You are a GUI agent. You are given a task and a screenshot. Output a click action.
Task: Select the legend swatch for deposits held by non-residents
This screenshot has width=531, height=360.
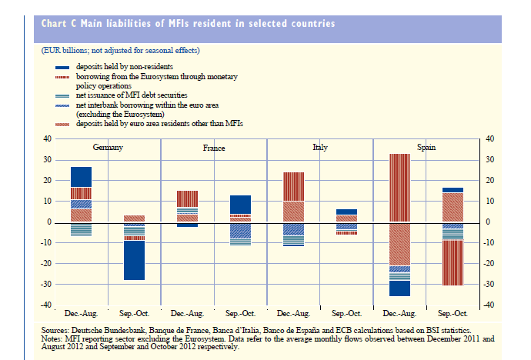click(63, 68)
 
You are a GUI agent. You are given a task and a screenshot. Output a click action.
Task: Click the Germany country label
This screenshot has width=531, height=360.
click(110, 146)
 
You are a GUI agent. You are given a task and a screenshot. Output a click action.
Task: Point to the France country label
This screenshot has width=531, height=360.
click(214, 146)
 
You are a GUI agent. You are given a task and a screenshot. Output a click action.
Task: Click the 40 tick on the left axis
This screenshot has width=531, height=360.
click(48, 139)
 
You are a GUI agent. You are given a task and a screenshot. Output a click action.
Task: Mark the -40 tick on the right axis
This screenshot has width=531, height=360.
click(486, 305)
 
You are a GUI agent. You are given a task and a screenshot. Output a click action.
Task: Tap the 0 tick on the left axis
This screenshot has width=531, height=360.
click(50, 222)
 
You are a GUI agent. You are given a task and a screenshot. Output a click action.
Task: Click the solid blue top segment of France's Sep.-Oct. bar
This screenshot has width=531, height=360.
click(241, 204)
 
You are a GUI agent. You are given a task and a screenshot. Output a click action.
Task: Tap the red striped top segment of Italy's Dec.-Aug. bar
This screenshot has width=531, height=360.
click(294, 186)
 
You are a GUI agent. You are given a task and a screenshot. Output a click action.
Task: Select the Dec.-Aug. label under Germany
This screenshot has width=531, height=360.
click(82, 314)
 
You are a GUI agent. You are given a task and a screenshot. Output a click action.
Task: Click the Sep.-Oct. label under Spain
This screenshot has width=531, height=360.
click(453, 314)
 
